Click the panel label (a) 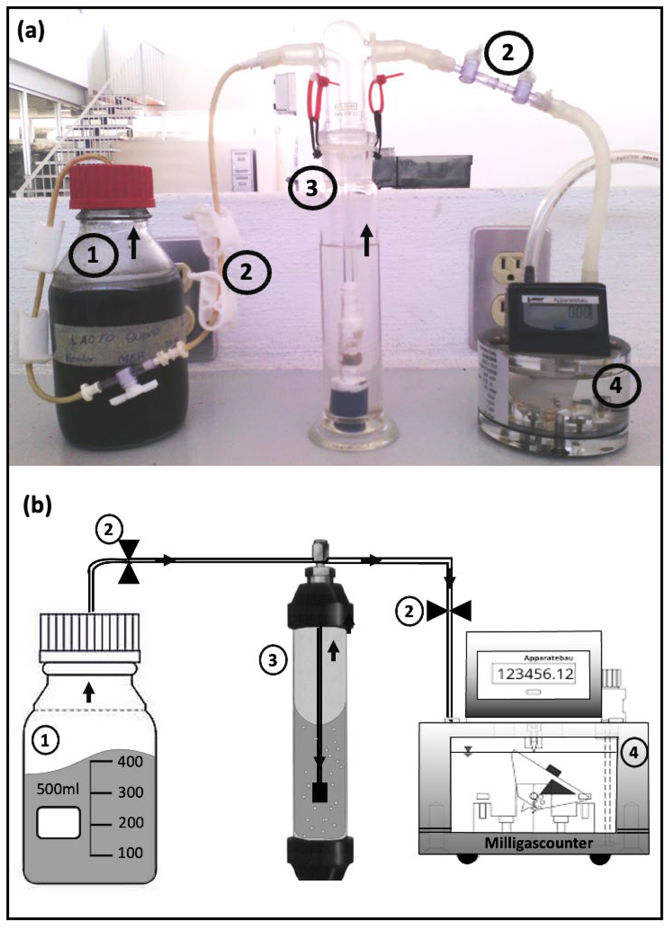click(x=30, y=32)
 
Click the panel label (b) click(x=37, y=505)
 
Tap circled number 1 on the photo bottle click(x=93, y=256)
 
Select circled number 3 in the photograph click(x=312, y=188)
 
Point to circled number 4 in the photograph click(x=616, y=386)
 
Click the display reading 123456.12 click(x=536, y=674)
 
